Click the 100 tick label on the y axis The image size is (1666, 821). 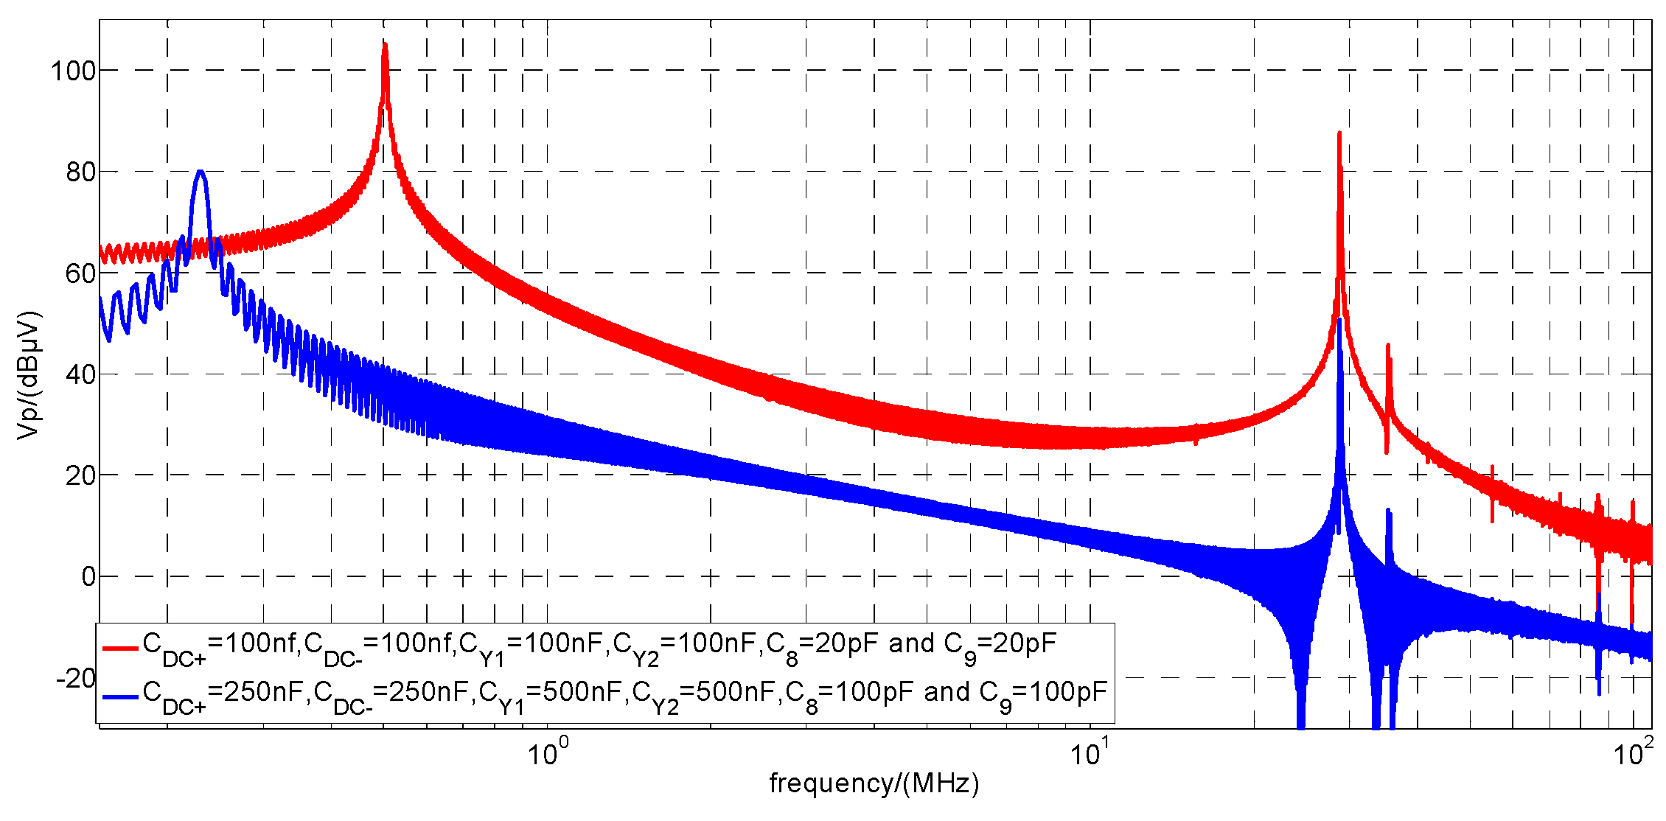pos(73,71)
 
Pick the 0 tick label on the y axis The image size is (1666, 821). pos(88,577)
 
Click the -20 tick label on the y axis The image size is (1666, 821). pos(75,678)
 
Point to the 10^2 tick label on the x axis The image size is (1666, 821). pos(1632,753)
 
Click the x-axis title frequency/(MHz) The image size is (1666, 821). pos(874,783)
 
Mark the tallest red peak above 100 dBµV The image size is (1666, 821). pos(384,46)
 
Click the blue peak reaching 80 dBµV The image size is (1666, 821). pos(200,172)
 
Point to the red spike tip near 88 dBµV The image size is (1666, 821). pos(1339,134)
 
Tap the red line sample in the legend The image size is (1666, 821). pos(120,649)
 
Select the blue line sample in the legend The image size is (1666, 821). pos(120,696)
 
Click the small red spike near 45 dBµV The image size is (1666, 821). pos(1388,346)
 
